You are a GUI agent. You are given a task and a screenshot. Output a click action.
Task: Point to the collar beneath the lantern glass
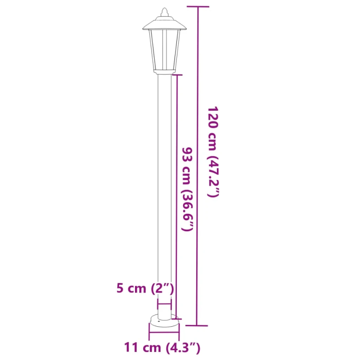(164, 71)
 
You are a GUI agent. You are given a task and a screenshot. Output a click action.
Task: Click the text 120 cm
(212, 128)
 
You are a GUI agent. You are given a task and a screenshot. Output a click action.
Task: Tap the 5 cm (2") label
(142, 288)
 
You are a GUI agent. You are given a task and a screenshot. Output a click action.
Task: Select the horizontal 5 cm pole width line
(164, 304)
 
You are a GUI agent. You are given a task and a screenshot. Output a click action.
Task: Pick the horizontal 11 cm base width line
(164, 334)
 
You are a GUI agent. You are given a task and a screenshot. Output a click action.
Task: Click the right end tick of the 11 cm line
(179, 334)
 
